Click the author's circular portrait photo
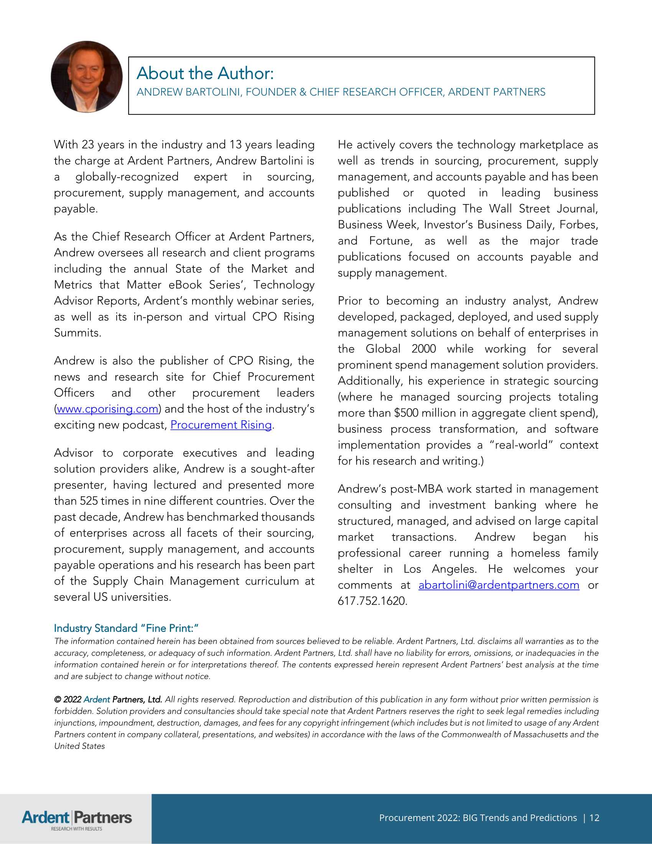(x=87, y=76)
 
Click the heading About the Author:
(x=205, y=73)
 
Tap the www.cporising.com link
(x=107, y=409)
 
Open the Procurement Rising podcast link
(x=221, y=425)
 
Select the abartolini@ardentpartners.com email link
(x=499, y=585)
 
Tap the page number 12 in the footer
(x=594, y=818)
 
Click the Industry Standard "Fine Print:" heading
(x=126, y=628)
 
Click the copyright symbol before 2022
(x=58, y=699)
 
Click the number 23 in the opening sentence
(x=88, y=145)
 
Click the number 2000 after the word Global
(x=423, y=349)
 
